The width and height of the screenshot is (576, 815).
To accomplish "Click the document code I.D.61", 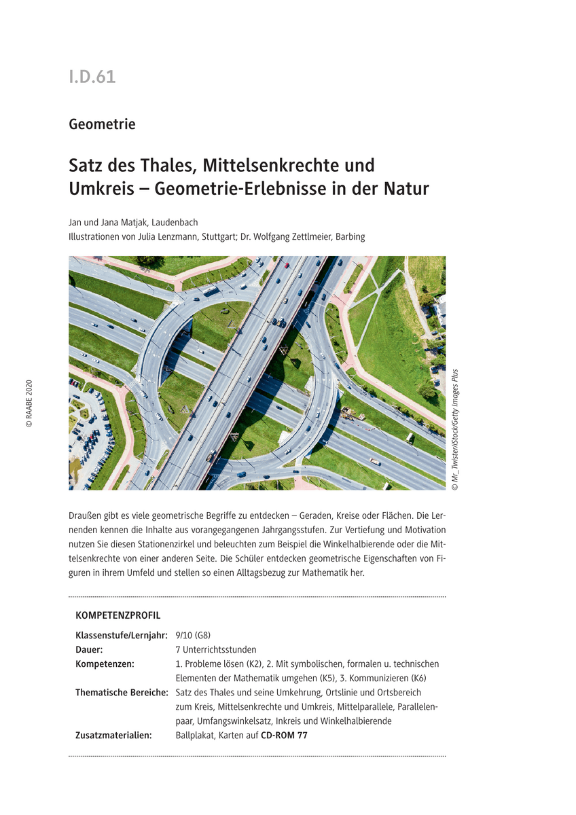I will point(92,77).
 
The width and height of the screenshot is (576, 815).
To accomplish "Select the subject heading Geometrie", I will point(102,124).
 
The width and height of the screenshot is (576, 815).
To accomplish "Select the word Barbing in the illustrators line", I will point(350,237).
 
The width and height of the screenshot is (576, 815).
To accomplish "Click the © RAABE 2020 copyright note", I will point(29,403).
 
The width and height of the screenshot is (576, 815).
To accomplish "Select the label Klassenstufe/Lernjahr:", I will point(121,636).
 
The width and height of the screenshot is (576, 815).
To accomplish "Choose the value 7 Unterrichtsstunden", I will point(215,649).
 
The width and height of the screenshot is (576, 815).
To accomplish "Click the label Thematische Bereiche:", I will point(122,692).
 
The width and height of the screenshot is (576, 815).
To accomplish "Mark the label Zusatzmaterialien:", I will point(113,735).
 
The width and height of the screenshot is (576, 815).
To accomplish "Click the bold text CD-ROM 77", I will point(284,735).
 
